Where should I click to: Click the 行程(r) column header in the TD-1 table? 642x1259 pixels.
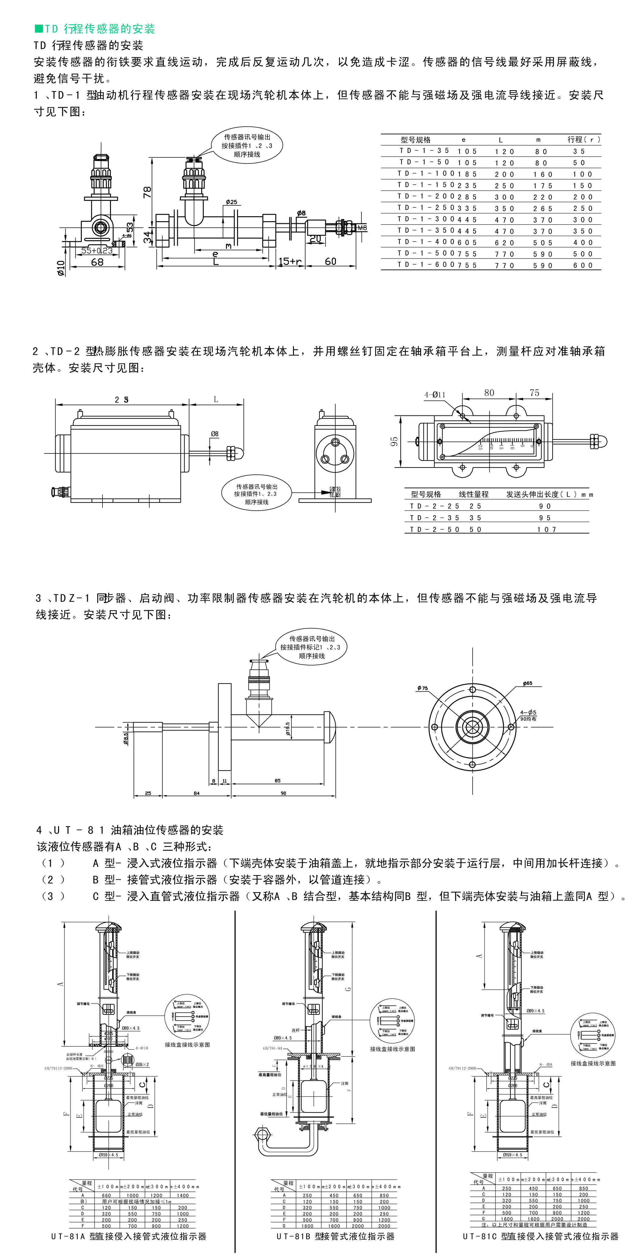click(583, 140)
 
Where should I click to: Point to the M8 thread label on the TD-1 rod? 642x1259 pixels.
click(362, 228)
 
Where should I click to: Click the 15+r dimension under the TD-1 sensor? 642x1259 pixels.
click(290, 262)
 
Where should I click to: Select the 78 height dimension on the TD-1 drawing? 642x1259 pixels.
click(147, 192)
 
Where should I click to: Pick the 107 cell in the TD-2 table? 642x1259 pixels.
click(547, 529)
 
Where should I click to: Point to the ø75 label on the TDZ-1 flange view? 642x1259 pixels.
click(423, 688)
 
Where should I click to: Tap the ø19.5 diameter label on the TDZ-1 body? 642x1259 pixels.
click(288, 729)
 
